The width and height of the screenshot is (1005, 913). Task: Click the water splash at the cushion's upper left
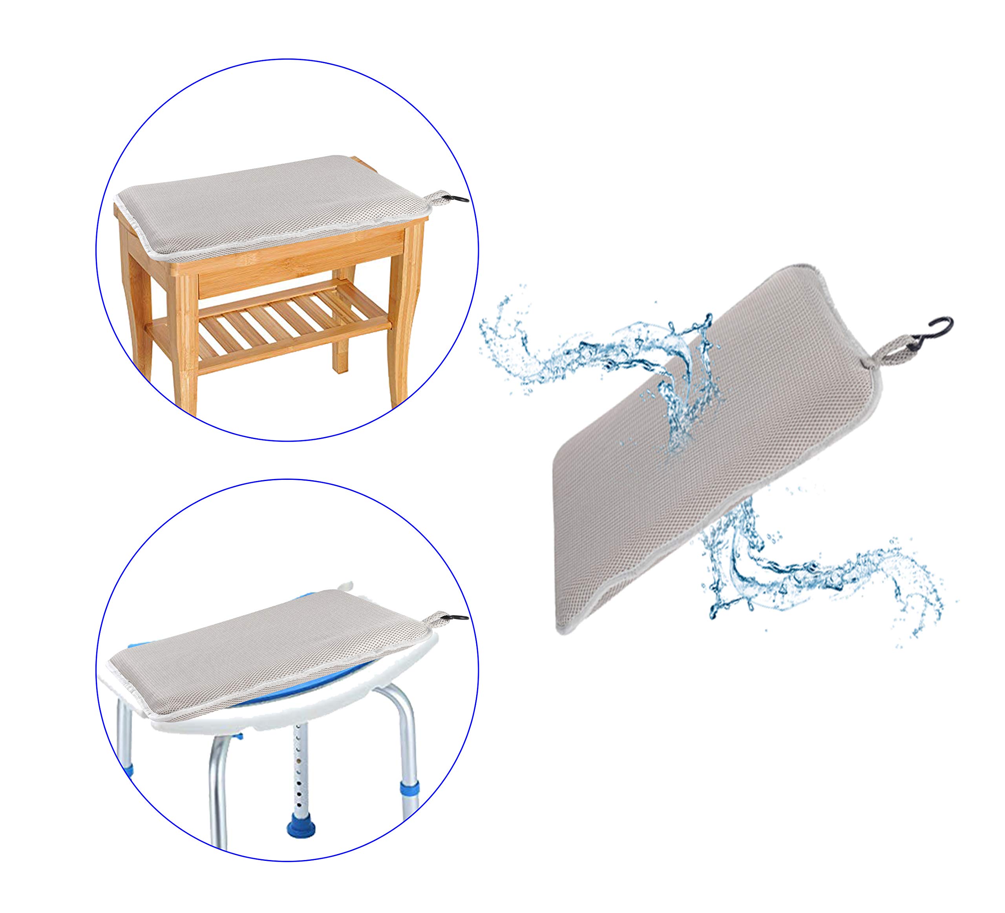pyautogui.click(x=573, y=344)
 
